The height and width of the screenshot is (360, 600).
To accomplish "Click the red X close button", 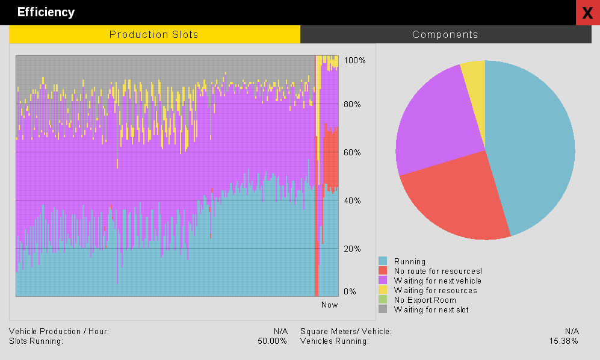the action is point(588,13).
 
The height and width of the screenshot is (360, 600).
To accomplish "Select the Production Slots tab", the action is point(155,34).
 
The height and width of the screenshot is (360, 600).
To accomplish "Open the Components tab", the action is point(446,34).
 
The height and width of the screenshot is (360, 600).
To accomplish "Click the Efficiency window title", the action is point(46,12).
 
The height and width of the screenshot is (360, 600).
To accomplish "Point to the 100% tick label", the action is point(354,61).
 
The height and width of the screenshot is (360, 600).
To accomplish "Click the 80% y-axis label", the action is point(352,104).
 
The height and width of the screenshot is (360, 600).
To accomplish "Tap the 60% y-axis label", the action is point(352,152).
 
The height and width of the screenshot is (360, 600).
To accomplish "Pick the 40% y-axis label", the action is point(352,200).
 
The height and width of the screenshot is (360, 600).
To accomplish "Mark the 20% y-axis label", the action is point(352,249).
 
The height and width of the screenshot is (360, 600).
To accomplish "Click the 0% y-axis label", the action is point(350,291).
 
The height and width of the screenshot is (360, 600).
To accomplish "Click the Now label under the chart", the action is point(329,305).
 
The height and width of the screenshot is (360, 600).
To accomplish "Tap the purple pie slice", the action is point(436,123).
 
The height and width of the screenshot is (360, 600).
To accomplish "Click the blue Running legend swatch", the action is point(383,261).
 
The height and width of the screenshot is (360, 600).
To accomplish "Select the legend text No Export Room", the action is point(425,300).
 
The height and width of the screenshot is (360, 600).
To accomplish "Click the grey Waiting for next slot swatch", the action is point(383,309).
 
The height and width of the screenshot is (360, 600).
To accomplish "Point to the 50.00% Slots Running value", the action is point(273,341).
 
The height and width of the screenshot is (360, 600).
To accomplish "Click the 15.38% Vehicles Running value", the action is point(564,341).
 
